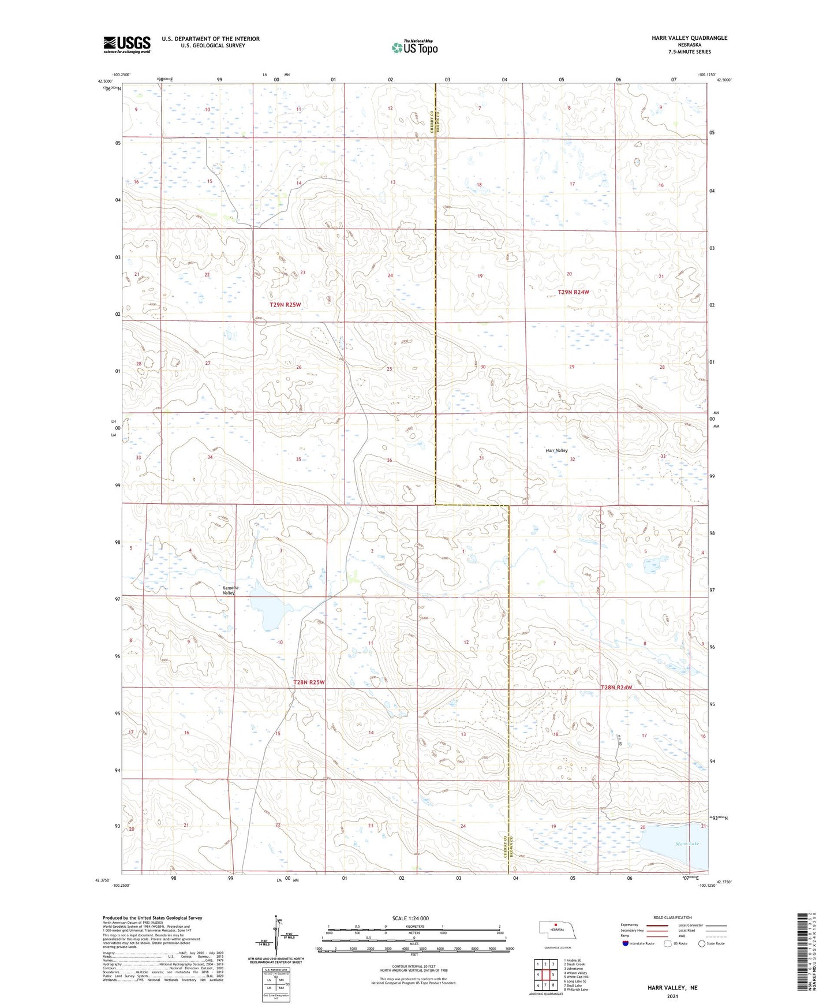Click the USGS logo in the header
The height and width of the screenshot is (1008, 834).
click(126, 44)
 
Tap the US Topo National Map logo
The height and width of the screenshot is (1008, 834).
click(414, 47)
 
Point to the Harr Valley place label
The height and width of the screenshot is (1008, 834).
click(556, 450)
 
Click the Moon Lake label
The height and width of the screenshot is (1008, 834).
click(687, 844)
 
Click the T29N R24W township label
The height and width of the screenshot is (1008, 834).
click(573, 292)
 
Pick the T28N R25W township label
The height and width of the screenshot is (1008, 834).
click(309, 682)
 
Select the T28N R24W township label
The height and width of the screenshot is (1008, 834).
click(616, 688)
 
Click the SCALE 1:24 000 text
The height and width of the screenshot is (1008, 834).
click(410, 918)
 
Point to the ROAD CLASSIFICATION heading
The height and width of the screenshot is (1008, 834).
click(672, 917)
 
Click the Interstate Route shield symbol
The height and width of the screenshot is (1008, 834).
click(626, 943)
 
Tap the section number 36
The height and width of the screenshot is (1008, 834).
click(390, 460)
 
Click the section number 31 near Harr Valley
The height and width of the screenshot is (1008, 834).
click(481, 458)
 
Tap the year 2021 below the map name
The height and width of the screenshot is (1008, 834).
click(672, 996)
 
